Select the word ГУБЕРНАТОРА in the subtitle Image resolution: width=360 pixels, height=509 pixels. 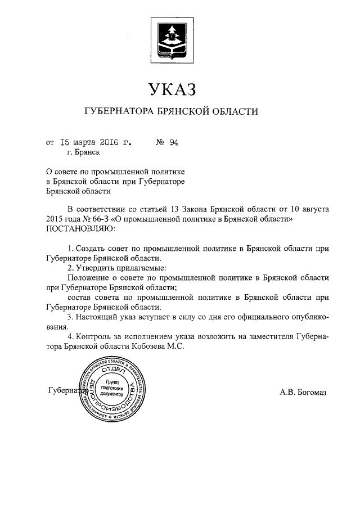(119, 111)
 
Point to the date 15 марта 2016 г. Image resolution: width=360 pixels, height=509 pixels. (96, 142)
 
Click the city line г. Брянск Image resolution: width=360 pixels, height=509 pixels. (83, 152)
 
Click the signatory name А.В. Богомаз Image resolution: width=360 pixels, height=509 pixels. (303, 392)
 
